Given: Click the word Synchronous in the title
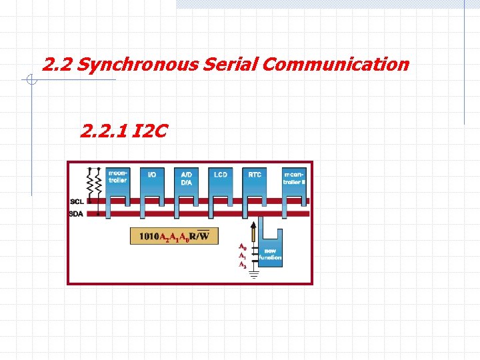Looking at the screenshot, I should tap(137, 65).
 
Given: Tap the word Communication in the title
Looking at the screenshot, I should tap(335, 65).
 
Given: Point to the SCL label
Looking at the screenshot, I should tap(77, 201).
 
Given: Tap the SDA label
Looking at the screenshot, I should tap(77, 213).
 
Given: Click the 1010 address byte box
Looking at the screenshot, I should tap(174, 235).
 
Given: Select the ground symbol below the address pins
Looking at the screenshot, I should tap(253, 274).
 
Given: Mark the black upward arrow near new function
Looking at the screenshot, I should tap(253, 232).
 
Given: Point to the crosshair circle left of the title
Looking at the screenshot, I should tap(31, 81).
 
